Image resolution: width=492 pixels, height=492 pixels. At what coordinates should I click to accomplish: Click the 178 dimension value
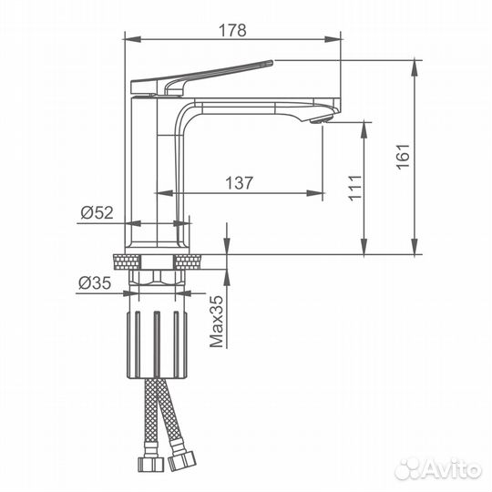232,31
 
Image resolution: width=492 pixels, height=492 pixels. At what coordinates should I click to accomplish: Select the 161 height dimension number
404,157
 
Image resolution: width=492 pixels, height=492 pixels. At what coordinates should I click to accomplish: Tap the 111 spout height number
355,188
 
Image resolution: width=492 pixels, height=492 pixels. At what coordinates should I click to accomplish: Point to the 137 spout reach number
239,183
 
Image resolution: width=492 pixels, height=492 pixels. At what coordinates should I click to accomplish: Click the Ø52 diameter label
97,212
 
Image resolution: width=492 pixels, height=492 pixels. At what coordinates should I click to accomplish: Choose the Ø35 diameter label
95,283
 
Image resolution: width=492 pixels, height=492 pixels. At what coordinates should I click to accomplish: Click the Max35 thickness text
217,322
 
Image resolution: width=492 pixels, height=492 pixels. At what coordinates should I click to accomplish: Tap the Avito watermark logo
438,470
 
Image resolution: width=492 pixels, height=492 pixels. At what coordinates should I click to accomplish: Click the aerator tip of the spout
321,119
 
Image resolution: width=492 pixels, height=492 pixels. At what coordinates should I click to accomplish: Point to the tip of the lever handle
272,62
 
